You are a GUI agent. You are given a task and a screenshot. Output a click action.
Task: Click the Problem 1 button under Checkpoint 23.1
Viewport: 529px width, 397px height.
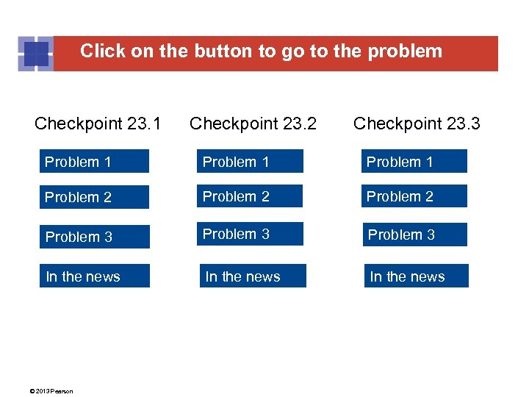click(94, 162)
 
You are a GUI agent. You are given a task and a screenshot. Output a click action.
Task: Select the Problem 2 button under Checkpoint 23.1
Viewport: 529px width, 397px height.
click(94, 197)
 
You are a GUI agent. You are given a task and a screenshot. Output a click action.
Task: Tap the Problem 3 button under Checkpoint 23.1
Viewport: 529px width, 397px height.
click(94, 237)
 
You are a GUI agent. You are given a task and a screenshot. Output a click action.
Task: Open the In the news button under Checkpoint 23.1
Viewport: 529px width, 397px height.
click(94, 276)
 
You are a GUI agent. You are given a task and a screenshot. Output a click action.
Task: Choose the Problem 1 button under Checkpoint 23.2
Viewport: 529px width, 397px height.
click(251, 162)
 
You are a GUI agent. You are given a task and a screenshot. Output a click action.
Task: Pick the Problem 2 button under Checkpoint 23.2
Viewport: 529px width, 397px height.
click(251, 196)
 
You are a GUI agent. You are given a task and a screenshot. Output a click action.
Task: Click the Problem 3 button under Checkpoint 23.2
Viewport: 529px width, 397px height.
click(251, 234)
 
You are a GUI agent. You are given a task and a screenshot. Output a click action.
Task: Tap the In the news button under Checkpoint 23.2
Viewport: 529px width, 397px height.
click(253, 276)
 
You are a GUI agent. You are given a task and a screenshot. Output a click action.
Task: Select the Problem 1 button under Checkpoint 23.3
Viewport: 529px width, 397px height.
click(414, 162)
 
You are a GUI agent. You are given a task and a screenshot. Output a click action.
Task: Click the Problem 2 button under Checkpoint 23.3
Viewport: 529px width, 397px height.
click(414, 196)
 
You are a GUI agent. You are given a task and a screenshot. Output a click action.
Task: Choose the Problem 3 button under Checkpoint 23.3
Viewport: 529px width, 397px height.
click(415, 235)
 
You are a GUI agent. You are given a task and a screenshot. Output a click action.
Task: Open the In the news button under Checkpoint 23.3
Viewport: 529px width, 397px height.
click(416, 276)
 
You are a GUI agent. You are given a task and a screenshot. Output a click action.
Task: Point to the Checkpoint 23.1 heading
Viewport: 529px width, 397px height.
click(98, 124)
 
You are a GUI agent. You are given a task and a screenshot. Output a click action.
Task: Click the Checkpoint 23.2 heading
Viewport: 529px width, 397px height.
click(253, 124)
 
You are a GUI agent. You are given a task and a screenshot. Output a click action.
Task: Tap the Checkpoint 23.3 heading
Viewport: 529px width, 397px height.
click(417, 124)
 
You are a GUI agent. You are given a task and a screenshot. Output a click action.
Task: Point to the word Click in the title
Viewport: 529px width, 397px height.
click(98, 51)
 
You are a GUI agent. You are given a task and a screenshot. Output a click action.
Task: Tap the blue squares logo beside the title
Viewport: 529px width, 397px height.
click(35, 54)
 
